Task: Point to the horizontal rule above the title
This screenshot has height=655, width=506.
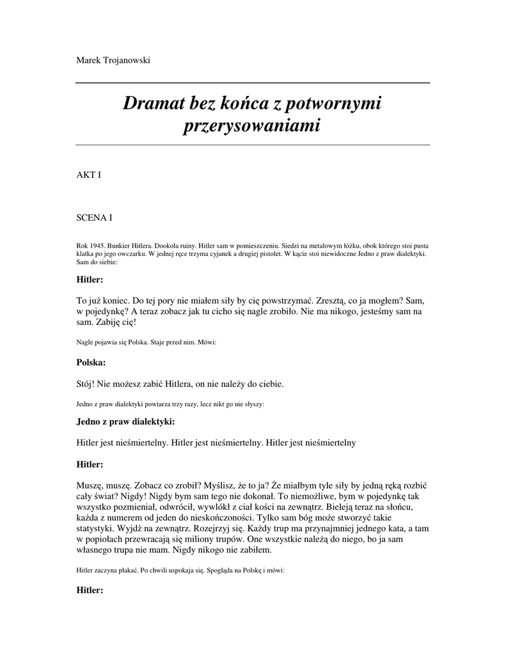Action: tap(253, 83)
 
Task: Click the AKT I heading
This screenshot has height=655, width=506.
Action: tap(89, 174)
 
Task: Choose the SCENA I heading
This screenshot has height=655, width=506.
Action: tap(95, 217)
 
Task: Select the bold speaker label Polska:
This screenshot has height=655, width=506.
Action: tap(91, 362)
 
